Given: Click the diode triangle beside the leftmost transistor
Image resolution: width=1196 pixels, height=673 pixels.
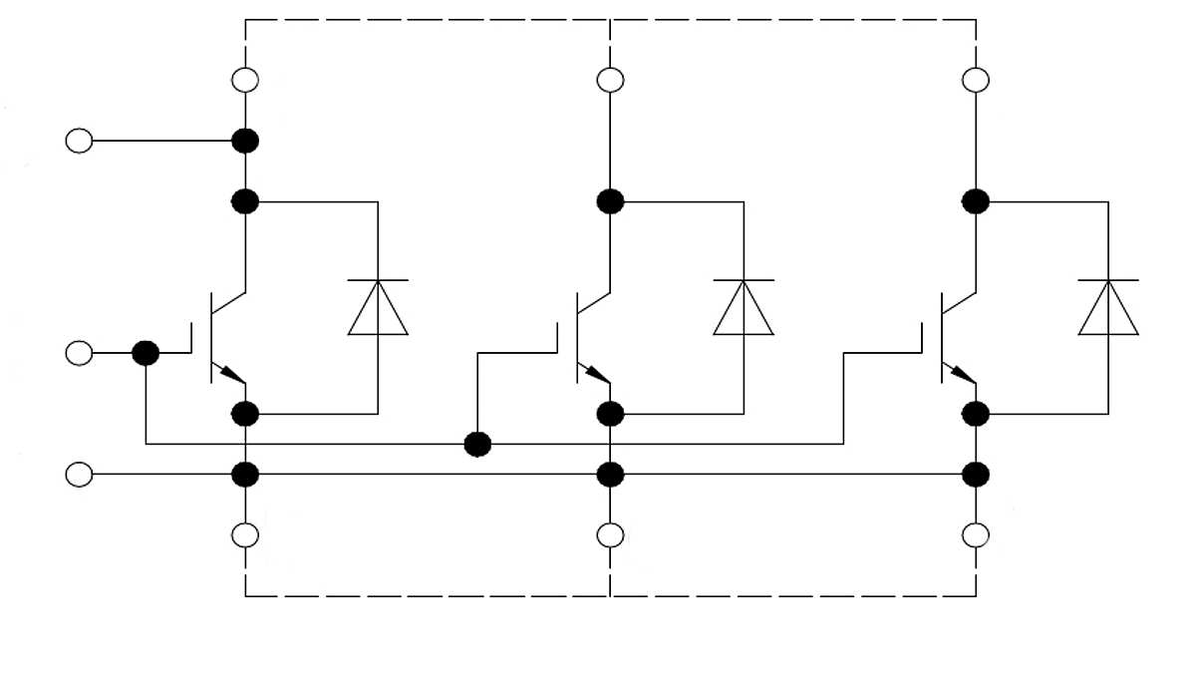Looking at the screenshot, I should point(378,309).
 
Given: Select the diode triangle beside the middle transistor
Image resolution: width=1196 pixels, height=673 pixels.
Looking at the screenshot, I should point(744,309).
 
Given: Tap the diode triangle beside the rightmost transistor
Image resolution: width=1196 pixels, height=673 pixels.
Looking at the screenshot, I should point(1108,309).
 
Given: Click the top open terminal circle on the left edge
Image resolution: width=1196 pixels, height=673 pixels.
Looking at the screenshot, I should point(79,141).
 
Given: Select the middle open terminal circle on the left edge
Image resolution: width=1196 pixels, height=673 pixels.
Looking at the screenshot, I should point(79,353).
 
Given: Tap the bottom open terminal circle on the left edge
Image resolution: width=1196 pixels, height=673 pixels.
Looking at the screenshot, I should point(79,475).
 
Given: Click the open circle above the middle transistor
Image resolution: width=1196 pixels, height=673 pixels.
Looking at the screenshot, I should point(610,80).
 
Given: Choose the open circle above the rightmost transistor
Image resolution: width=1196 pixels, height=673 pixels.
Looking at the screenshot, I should point(976,80).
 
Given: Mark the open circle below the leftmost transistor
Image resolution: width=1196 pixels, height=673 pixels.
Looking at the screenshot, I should point(245,535).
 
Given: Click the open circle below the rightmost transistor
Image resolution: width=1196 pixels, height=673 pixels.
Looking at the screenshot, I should point(976,535).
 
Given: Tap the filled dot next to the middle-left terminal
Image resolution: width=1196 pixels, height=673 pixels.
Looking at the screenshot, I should point(146,353).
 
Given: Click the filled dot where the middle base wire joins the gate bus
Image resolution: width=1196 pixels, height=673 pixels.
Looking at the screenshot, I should point(478,444).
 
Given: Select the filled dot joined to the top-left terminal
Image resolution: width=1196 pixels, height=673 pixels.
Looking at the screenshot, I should point(245,141).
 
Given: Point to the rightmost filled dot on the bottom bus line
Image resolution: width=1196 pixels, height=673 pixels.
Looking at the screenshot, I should point(976,475).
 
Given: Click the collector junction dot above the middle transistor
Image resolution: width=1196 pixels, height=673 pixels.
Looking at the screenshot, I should point(610,201).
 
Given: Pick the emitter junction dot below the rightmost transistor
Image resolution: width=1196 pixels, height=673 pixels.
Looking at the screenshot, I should point(976,413).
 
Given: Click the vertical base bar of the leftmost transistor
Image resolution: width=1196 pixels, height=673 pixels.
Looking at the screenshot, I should point(211,337).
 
